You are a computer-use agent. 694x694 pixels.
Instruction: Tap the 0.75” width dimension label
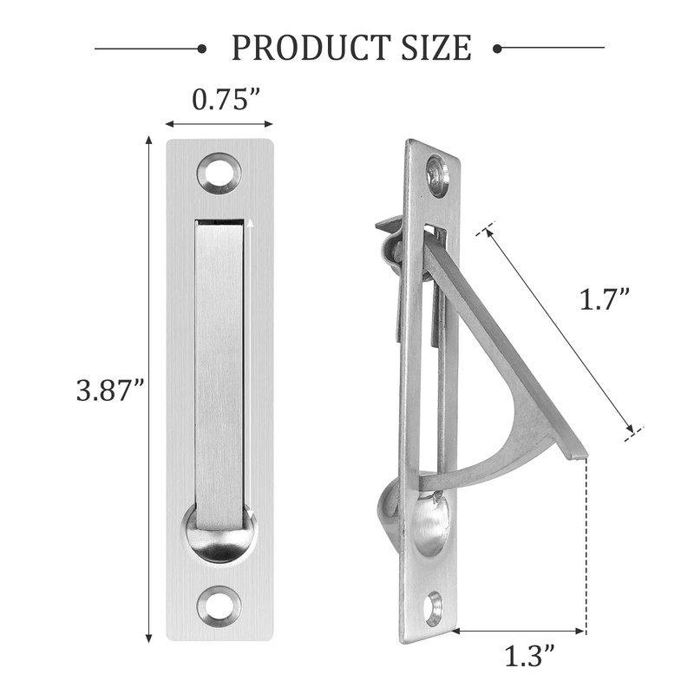click(x=219, y=99)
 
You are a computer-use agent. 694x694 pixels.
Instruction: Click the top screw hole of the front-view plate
click(x=219, y=173)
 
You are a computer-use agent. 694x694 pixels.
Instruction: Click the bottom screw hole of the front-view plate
click(x=219, y=606)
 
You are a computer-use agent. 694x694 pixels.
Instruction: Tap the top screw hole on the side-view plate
click(x=438, y=174)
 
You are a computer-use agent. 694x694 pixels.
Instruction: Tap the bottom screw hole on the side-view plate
click(x=433, y=607)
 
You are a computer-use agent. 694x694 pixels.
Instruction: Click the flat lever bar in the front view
click(x=219, y=373)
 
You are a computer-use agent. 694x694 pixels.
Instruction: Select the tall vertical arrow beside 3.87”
click(x=149, y=390)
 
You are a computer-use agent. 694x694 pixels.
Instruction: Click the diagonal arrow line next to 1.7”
click(x=560, y=327)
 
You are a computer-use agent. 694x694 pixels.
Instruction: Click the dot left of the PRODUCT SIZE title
click(x=201, y=48)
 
